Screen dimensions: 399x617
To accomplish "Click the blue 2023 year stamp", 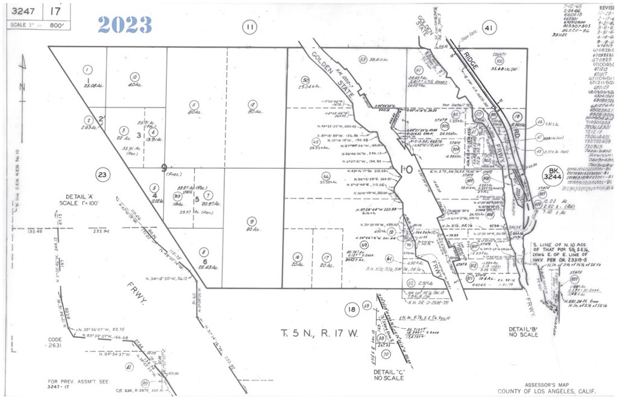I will click(x=125, y=24).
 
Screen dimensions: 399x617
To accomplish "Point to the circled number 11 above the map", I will click(x=249, y=26).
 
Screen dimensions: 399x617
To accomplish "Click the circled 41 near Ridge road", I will click(x=489, y=27).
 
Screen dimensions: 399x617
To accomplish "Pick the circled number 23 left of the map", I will click(x=102, y=175).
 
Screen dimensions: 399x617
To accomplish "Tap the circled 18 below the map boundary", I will click(x=351, y=310).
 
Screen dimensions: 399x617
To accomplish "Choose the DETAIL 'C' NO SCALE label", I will click(x=388, y=375).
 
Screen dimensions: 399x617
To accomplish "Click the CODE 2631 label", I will click(x=55, y=343).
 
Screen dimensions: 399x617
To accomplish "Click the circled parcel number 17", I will click(x=326, y=257).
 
